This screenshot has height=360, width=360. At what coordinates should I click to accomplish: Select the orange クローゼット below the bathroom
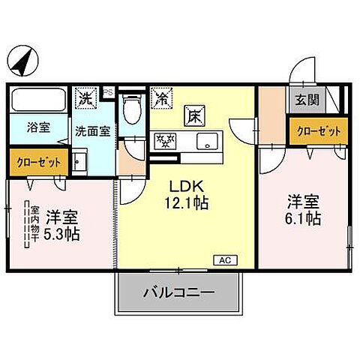tap(34, 160)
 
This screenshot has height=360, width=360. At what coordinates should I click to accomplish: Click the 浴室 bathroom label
tap(39, 127)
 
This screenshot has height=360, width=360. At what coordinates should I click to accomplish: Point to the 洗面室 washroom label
tap(92, 129)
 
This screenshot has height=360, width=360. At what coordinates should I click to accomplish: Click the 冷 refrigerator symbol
tap(160, 97)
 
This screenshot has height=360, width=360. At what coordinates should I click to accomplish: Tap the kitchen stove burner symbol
tap(164, 140)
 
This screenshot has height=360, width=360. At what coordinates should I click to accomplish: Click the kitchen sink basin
tap(205, 140)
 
